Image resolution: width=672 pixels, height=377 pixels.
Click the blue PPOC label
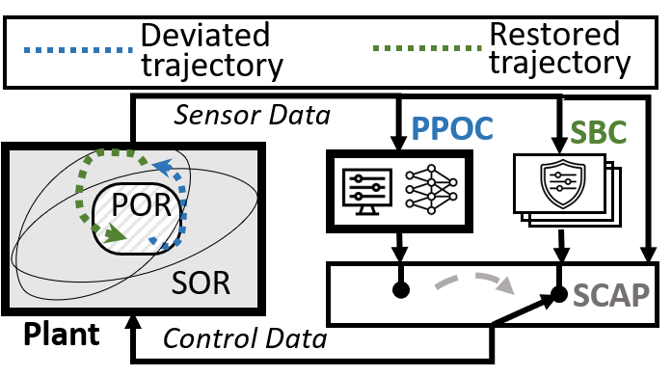coord(451,129)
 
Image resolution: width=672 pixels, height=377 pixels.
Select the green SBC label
coord(598,133)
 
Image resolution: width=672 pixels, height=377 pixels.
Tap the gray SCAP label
coord(610,295)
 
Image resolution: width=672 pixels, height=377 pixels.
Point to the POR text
coord(141,204)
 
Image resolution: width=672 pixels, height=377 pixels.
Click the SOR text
coord(201,283)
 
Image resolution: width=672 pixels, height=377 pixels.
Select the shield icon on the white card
coord(562,183)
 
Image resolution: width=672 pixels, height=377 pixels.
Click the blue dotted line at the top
coord(78,49)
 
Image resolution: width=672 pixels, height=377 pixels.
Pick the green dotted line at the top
coord(427,47)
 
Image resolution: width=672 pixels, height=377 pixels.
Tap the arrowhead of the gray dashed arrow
coord(504,285)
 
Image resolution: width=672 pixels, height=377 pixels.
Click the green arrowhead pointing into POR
coord(116,232)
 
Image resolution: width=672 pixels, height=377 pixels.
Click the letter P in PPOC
coord(420,129)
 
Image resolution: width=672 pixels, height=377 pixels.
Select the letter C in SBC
coord(616,133)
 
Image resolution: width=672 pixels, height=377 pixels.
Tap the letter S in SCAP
coord(581,295)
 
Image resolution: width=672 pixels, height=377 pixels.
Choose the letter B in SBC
coord(598,133)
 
